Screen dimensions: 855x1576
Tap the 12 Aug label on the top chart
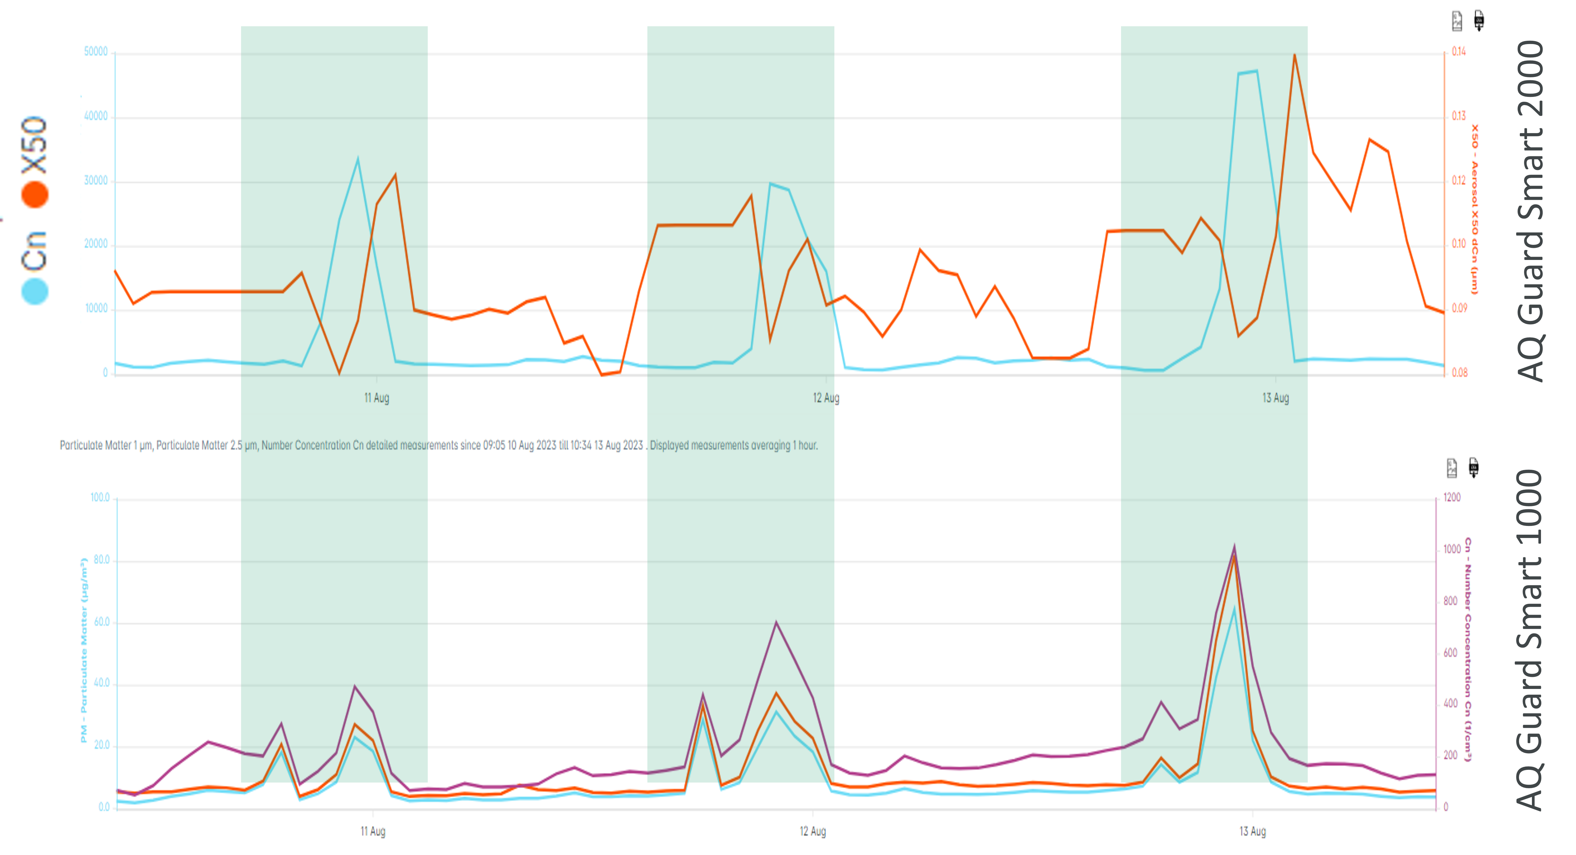(826, 398)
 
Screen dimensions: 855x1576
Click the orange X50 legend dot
(35, 194)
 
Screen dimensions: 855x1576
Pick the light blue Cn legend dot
(35, 291)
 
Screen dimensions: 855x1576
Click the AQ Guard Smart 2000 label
(1531, 211)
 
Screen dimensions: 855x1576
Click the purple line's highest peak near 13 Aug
(1234, 546)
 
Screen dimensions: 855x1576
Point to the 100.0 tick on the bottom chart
(100, 498)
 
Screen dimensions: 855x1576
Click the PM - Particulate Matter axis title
(84, 650)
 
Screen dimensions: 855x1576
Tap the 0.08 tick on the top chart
(1459, 373)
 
